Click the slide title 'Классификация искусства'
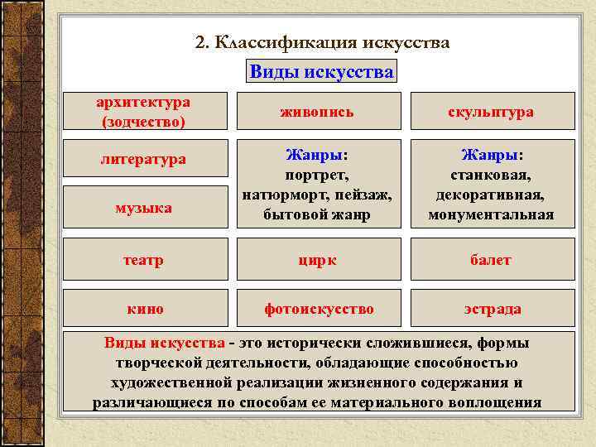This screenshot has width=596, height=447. coord(323,43)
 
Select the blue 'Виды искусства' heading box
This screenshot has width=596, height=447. coord(321,71)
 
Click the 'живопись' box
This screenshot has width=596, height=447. coord(319,112)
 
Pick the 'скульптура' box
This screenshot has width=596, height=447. coord(491,112)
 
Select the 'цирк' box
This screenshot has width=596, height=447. coord(319,260)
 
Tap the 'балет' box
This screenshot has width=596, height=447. coord(491,260)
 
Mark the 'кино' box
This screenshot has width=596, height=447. coord(145,309)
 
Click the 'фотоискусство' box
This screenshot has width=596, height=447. coord(319,309)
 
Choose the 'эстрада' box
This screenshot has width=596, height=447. coord(491,309)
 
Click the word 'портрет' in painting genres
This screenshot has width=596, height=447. coord(318,175)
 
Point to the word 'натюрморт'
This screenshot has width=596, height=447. coord(275,195)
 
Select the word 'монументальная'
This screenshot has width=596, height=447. coord(491,215)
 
